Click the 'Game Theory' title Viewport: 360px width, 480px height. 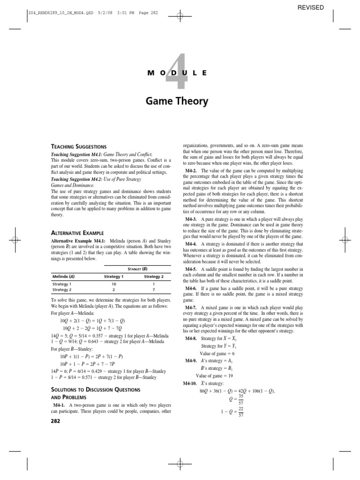pyautogui.click(x=180, y=101)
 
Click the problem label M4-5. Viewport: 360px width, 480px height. pyautogui.click(x=190, y=270)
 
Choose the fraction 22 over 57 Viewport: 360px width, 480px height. pyautogui.click(x=241, y=412)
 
